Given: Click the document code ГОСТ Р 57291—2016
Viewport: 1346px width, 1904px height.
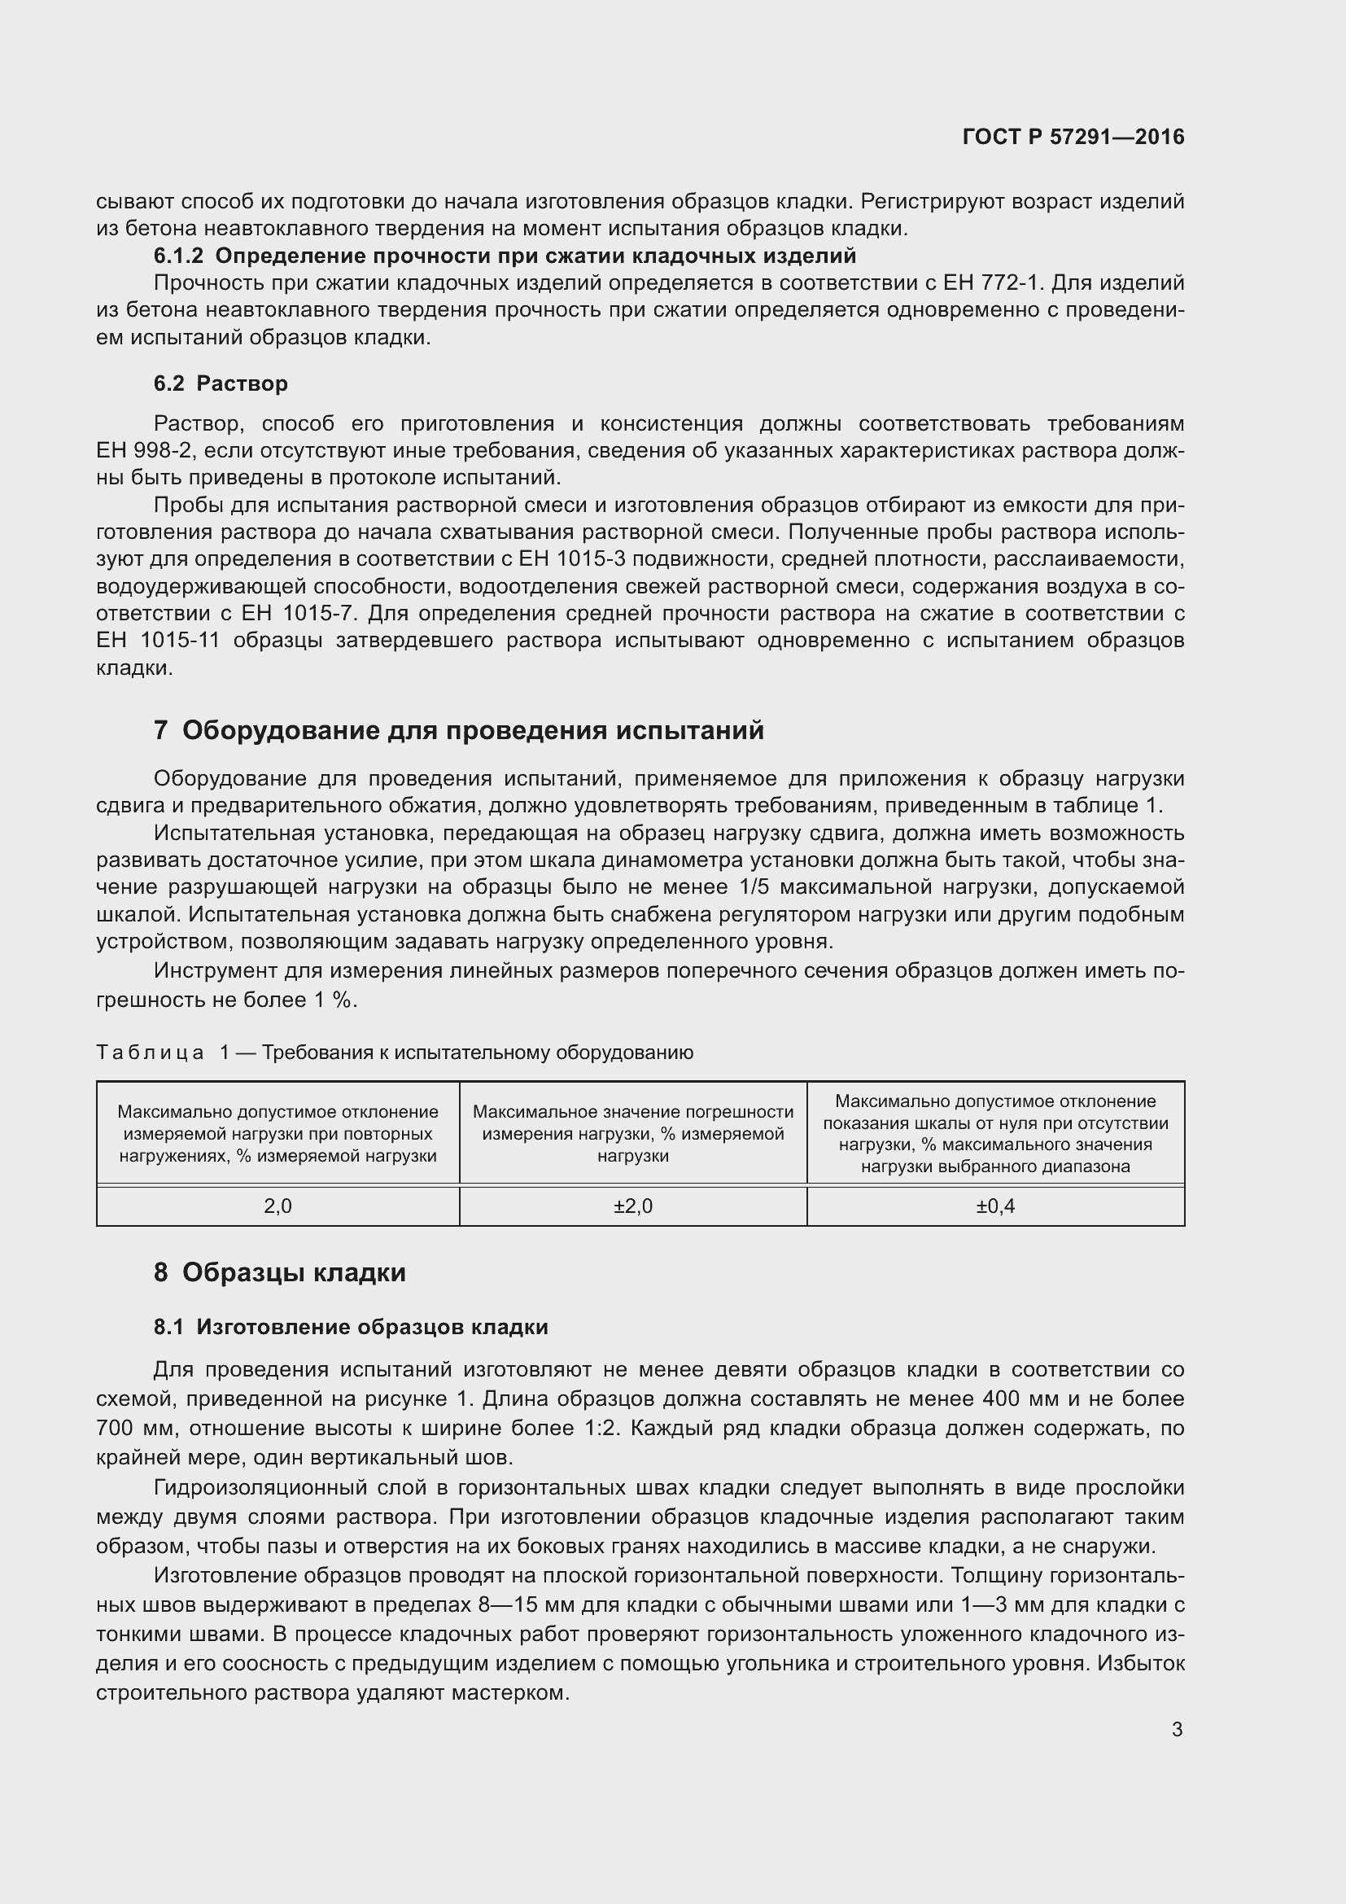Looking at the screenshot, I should click(1073, 138).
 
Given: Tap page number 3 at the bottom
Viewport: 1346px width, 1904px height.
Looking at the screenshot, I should click(1177, 1729).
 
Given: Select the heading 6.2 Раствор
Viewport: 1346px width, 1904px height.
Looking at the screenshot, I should click(221, 383).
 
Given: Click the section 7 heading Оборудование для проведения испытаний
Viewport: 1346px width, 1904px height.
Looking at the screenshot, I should click(458, 730).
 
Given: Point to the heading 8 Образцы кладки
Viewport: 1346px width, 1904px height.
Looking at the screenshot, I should click(279, 1272).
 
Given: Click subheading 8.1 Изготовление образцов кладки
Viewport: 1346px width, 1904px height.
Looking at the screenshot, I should click(351, 1327).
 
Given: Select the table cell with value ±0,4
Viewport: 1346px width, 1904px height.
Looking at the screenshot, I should click(994, 1206).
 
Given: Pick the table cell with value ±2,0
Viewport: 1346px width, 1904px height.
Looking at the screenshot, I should click(632, 1206).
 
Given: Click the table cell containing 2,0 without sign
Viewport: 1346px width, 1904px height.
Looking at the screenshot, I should click(278, 1206).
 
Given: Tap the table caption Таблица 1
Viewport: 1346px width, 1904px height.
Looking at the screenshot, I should click(162, 1053).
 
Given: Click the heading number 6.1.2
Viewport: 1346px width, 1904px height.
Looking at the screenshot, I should click(178, 256).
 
